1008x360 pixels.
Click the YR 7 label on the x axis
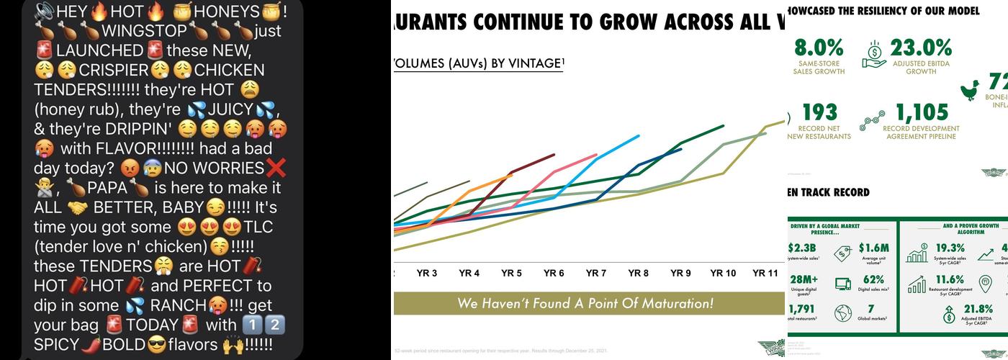click(x=596, y=274)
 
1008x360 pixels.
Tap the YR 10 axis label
click(x=722, y=274)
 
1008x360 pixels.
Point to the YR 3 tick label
click(x=427, y=274)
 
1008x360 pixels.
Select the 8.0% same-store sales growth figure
click(x=819, y=48)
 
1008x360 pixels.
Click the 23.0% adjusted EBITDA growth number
click(x=921, y=48)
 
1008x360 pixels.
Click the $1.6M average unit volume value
click(x=873, y=248)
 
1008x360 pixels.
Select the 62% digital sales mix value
click(x=873, y=280)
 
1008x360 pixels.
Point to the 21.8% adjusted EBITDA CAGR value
click(x=978, y=310)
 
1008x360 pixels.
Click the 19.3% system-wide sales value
click(x=950, y=248)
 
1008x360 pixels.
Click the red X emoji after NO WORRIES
click(x=276, y=168)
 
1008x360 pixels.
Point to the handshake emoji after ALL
click(x=77, y=208)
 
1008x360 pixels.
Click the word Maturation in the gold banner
click(x=670, y=303)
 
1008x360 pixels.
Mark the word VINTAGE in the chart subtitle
click(x=531, y=63)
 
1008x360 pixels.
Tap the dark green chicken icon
click(x=970, y=90)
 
